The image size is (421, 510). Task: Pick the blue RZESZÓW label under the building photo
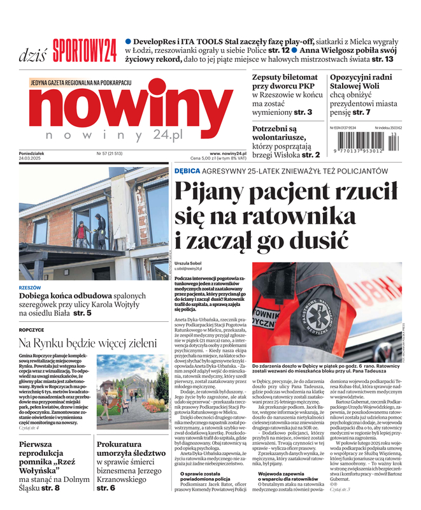tap(30, 288)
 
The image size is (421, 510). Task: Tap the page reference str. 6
tap(106, 488)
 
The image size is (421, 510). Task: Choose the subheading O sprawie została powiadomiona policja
tap(209, 476)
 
